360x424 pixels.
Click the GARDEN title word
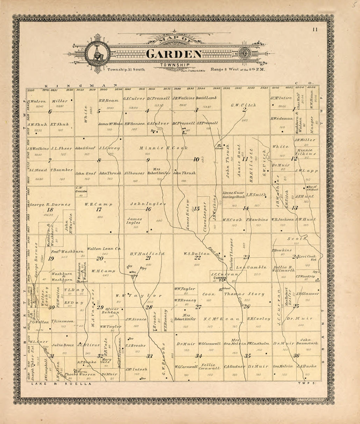174,54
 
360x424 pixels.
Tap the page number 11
315,30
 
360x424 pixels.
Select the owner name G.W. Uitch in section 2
243,105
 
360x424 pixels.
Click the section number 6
50,112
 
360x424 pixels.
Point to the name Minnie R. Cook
164,148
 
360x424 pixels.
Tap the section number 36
296,356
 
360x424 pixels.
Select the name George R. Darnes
49,205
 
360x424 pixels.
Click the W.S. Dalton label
197,253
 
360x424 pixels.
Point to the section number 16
148,209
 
